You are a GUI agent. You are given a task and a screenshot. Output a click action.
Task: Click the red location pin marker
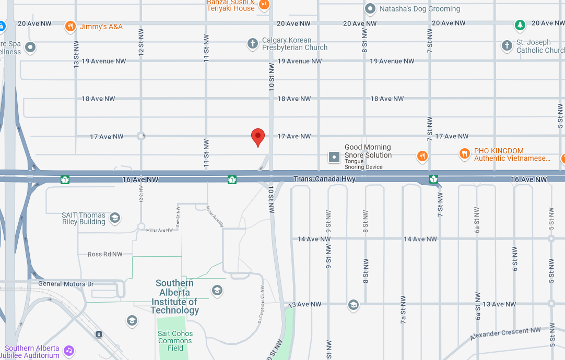coord(258,137)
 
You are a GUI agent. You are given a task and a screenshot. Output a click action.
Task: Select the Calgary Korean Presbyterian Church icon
coord(253,43)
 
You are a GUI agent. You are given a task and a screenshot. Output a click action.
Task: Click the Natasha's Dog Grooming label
coord(420,9)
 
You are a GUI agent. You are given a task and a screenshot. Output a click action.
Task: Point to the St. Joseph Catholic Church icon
coord(507,46)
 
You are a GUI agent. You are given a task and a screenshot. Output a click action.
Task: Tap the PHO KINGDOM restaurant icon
coord(464,154)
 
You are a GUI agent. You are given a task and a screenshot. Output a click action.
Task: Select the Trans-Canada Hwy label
coord(324,179)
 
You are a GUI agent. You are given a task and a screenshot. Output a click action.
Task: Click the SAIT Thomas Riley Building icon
coord(114,218)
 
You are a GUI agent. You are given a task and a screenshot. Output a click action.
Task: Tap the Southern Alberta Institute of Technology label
coord(175,297)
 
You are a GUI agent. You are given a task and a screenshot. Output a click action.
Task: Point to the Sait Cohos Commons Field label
coord(175,341)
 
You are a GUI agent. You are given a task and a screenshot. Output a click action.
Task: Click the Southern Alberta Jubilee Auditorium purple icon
coord(69,351)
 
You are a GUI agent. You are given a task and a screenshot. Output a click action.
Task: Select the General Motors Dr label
coord(66,284)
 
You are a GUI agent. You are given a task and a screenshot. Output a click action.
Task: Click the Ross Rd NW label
coord(105,254)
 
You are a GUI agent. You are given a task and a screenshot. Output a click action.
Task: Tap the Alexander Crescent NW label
coord(505,334)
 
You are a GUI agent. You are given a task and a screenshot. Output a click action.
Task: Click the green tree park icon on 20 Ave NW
coord(520,25)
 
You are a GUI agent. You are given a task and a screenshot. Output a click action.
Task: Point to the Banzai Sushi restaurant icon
coord(264,5)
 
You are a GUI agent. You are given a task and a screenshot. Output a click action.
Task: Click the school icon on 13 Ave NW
coord(354,305)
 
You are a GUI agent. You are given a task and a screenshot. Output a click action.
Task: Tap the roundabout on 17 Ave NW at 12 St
coord(140,136)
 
